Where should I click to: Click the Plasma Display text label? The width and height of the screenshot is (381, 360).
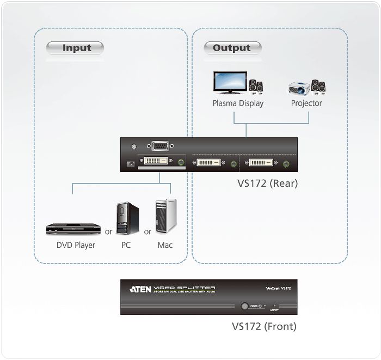coord(238,103)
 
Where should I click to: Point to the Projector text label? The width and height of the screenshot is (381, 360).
coord(306,103)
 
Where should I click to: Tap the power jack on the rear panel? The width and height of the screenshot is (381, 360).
coord(130,164)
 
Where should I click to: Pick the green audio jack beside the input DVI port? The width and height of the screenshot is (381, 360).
coord(181,162)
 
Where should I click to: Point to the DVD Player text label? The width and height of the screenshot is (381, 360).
coord(76,245)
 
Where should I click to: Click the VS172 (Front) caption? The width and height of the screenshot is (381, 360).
coord(264,327)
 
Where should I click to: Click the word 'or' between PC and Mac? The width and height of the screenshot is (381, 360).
coord(148,231)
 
